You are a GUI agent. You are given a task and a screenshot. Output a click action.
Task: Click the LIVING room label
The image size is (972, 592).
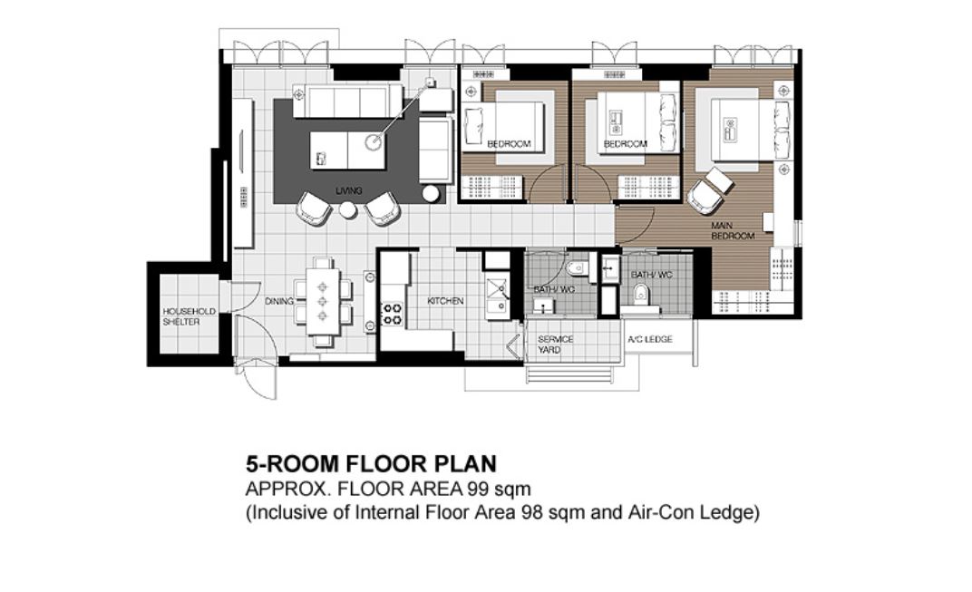[x=348, y=191]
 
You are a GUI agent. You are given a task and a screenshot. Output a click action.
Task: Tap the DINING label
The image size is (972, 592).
[x=279, y=301]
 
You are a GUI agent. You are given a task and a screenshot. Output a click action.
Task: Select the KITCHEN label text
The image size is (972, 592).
[x=445, y=301]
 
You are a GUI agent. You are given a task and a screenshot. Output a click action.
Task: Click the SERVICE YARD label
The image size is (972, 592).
[x=556, y=344]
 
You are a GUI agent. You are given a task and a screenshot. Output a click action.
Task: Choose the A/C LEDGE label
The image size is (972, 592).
[x=649, y=339]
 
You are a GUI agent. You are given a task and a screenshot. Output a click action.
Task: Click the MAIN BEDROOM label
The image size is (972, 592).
[x=732, y=230]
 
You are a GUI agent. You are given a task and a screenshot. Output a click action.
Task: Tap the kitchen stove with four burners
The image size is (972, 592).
[x=392, y=314]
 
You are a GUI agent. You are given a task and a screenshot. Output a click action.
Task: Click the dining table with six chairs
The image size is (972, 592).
[x=323, y=301]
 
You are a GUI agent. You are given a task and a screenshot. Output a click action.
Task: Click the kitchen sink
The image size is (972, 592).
[x=497, y=297]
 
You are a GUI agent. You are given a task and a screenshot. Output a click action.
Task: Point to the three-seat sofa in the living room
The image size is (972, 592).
[x=347, y=102]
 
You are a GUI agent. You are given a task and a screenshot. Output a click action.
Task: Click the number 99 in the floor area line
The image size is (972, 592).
[x=479, y=489]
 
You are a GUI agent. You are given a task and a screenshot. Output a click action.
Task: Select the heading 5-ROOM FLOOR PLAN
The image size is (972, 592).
[x=372, y=463]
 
